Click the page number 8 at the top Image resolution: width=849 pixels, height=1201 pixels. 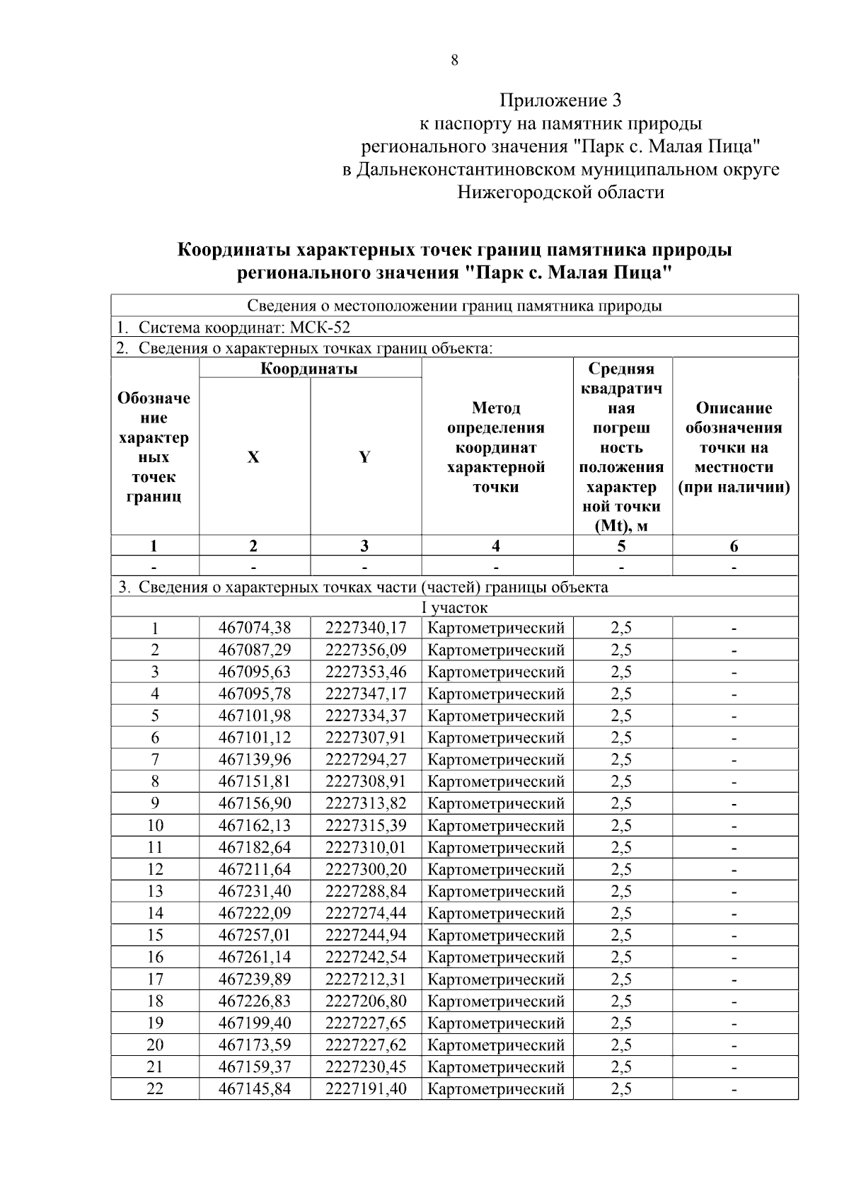tap(454, 61)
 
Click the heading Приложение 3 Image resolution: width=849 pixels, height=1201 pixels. tap(560, 100)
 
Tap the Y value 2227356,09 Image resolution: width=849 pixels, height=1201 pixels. tap(366, 650)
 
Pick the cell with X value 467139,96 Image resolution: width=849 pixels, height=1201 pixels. tap(255, 759)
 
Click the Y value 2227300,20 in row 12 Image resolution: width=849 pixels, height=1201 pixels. tap(366, 869)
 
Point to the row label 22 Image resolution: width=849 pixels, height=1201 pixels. tap(155, 1088)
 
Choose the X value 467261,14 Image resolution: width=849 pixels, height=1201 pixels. tap(255, 957)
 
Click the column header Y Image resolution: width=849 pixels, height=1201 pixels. tap(364, 457)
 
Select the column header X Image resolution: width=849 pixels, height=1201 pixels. tap(253, 457)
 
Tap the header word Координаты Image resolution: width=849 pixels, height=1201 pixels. tap(309, 369)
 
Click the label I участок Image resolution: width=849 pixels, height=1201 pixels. tap(454, 607)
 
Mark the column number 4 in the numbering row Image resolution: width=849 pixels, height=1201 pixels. tap(496, 546)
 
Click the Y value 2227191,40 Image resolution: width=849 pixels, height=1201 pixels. tap(366, 1088)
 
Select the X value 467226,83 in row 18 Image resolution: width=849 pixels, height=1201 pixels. tap(255, 1001)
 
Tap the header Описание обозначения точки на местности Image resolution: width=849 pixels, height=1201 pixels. tap(734, 447)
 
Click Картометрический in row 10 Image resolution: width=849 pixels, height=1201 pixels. tap(496, 825)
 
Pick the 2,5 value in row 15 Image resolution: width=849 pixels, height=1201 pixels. tap(621, 935)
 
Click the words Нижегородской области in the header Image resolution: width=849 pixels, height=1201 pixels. tap(560, 192)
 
